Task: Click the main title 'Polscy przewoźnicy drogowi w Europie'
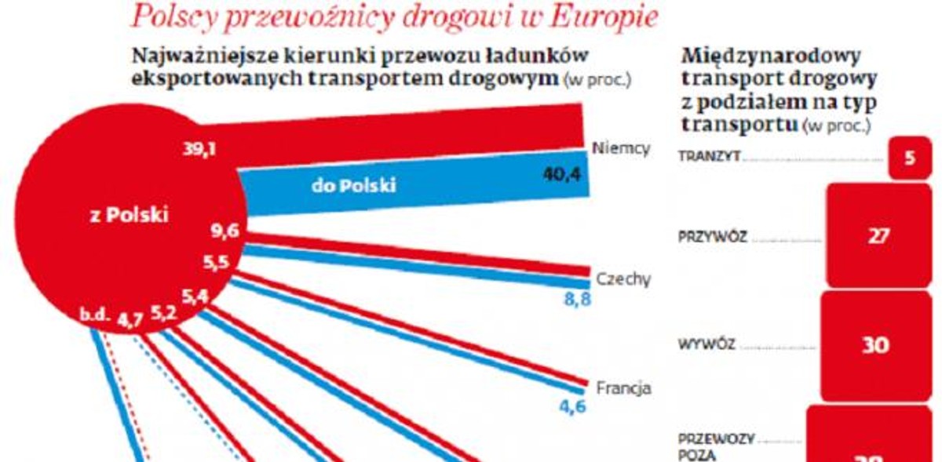pyautogui.click(x=394, y=16)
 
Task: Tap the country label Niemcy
pyautogui.click(x=622, y=148)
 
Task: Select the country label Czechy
pyautogui.click(x=623, y=279)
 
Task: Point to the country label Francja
pyautogui.click(x=623, y=387)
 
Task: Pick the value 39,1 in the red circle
pyautogui.click(x=199, y=151)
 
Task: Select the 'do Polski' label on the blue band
pyautogui.click(x=353, y=186)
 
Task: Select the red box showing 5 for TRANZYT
pyautogui.click(x=909, y=158)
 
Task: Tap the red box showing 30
pyautogui.click(x=875, y=346)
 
